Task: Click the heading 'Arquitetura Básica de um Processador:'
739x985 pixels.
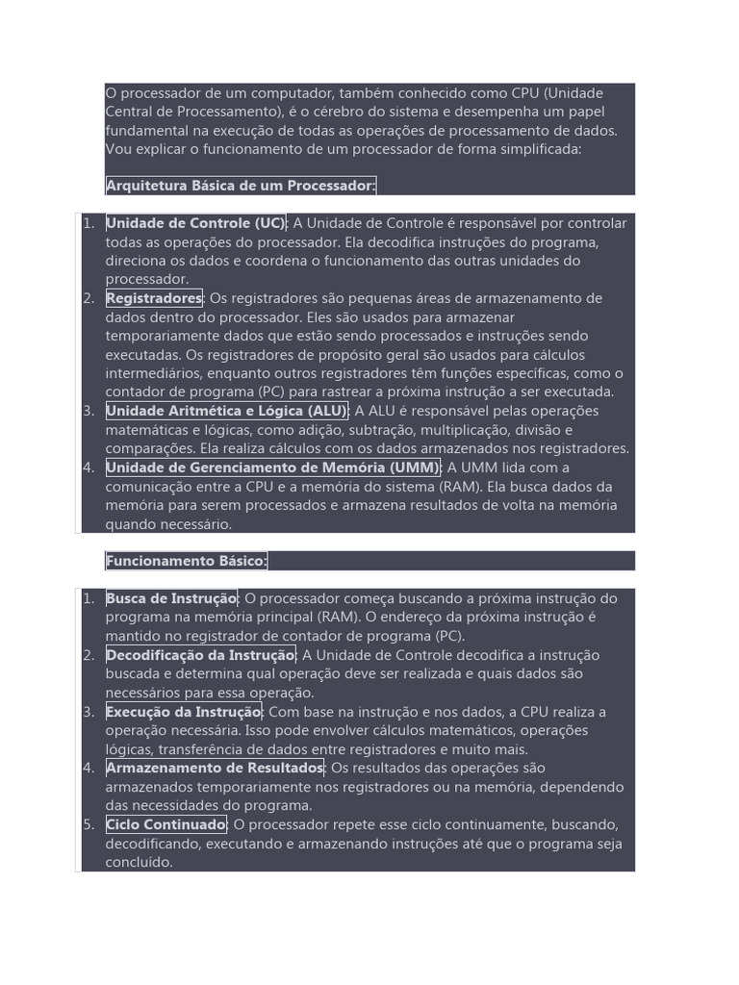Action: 241,186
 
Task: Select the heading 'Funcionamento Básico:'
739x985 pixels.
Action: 187,561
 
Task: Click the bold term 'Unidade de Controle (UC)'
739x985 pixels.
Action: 196,223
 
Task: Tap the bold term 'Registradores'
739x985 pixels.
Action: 154,298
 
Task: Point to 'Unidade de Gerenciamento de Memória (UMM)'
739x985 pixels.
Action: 272,467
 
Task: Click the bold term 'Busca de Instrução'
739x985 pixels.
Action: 171,598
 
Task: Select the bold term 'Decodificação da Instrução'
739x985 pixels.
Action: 200,655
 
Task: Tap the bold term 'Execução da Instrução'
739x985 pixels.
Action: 183,712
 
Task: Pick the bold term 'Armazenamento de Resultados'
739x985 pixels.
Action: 215,768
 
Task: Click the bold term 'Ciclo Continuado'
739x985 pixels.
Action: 166,824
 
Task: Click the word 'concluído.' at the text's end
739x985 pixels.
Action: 140,862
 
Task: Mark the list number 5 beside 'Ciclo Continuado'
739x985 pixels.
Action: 89,824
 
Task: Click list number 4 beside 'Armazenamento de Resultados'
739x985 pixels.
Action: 89,768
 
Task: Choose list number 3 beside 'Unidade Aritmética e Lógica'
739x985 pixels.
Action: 89,411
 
